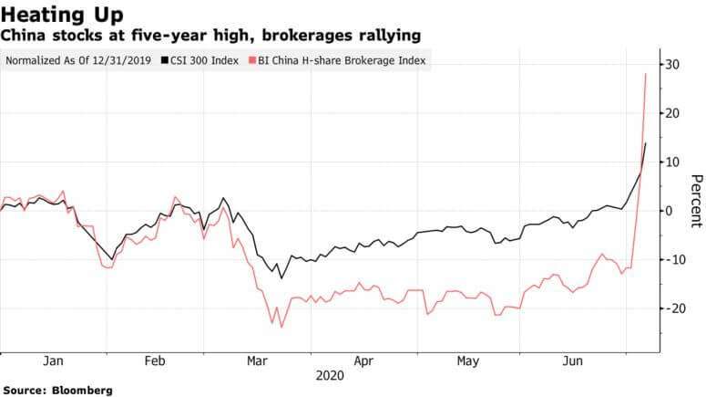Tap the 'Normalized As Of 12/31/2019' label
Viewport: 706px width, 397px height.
click(x=79, y=61)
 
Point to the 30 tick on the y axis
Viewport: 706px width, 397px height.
click(x=673, y=65)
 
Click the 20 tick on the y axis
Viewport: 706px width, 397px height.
click(x=673, y=113)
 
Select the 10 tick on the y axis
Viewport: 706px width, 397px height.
click(x=673, y=162)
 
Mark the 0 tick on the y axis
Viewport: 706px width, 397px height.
click(x=670, y=211)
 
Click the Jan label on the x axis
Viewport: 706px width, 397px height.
click(x=54, y=361)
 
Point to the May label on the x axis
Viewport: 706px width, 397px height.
click(x=468, y=361)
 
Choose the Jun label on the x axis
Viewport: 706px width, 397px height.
click(x=571, y=361)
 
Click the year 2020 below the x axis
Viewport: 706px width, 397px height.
click(x=329, y=375)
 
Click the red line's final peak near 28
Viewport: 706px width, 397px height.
click(x=646, y=74)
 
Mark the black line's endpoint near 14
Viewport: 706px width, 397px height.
click(x=646, y=142)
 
